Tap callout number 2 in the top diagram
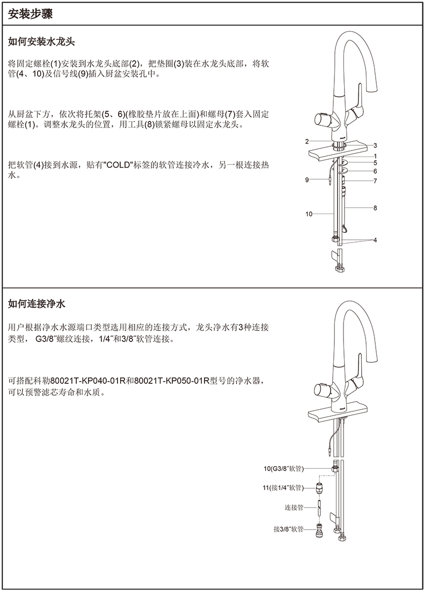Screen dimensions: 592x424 click(307, 141)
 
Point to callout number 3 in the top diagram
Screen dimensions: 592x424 click(376, 145)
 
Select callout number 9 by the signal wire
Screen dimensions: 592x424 click(307, 180)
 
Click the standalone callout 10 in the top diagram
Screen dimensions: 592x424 click(309, 214)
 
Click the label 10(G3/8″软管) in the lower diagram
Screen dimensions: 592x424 click(283, 469)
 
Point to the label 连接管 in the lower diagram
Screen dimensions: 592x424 click(294, 507)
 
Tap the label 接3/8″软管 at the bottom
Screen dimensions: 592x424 click(289, 529)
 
